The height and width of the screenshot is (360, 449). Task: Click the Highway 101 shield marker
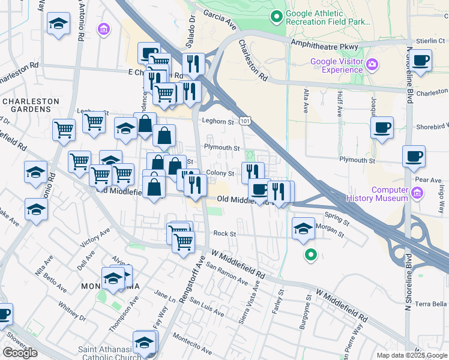pyautogui.click(x=244, y=121)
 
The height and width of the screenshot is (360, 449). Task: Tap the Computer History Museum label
pyautogui.click(x=390, y=194)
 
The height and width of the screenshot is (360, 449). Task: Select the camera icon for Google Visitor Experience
pyautogui.click(x=372, y=64)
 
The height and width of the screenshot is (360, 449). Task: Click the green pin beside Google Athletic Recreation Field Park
pyautogui.click(x=277, y=16)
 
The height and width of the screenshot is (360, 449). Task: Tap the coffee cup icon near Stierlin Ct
pyautogui.click(x=422, y=61)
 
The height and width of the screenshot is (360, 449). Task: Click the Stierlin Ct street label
pyautogui.click(x=428, y=40)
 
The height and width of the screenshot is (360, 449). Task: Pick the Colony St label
pyautogui.click(x=220, y=173)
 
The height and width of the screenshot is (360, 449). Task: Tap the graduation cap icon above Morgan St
pyautogui.click(x=304, y=229)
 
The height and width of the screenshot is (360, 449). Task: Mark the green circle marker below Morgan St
pyautogui.click(x=310, y=255)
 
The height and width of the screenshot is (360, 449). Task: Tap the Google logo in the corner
pyautogui.click(x=20, y=352)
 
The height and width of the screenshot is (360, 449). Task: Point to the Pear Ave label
pyautogui.click(x=428, y=179)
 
